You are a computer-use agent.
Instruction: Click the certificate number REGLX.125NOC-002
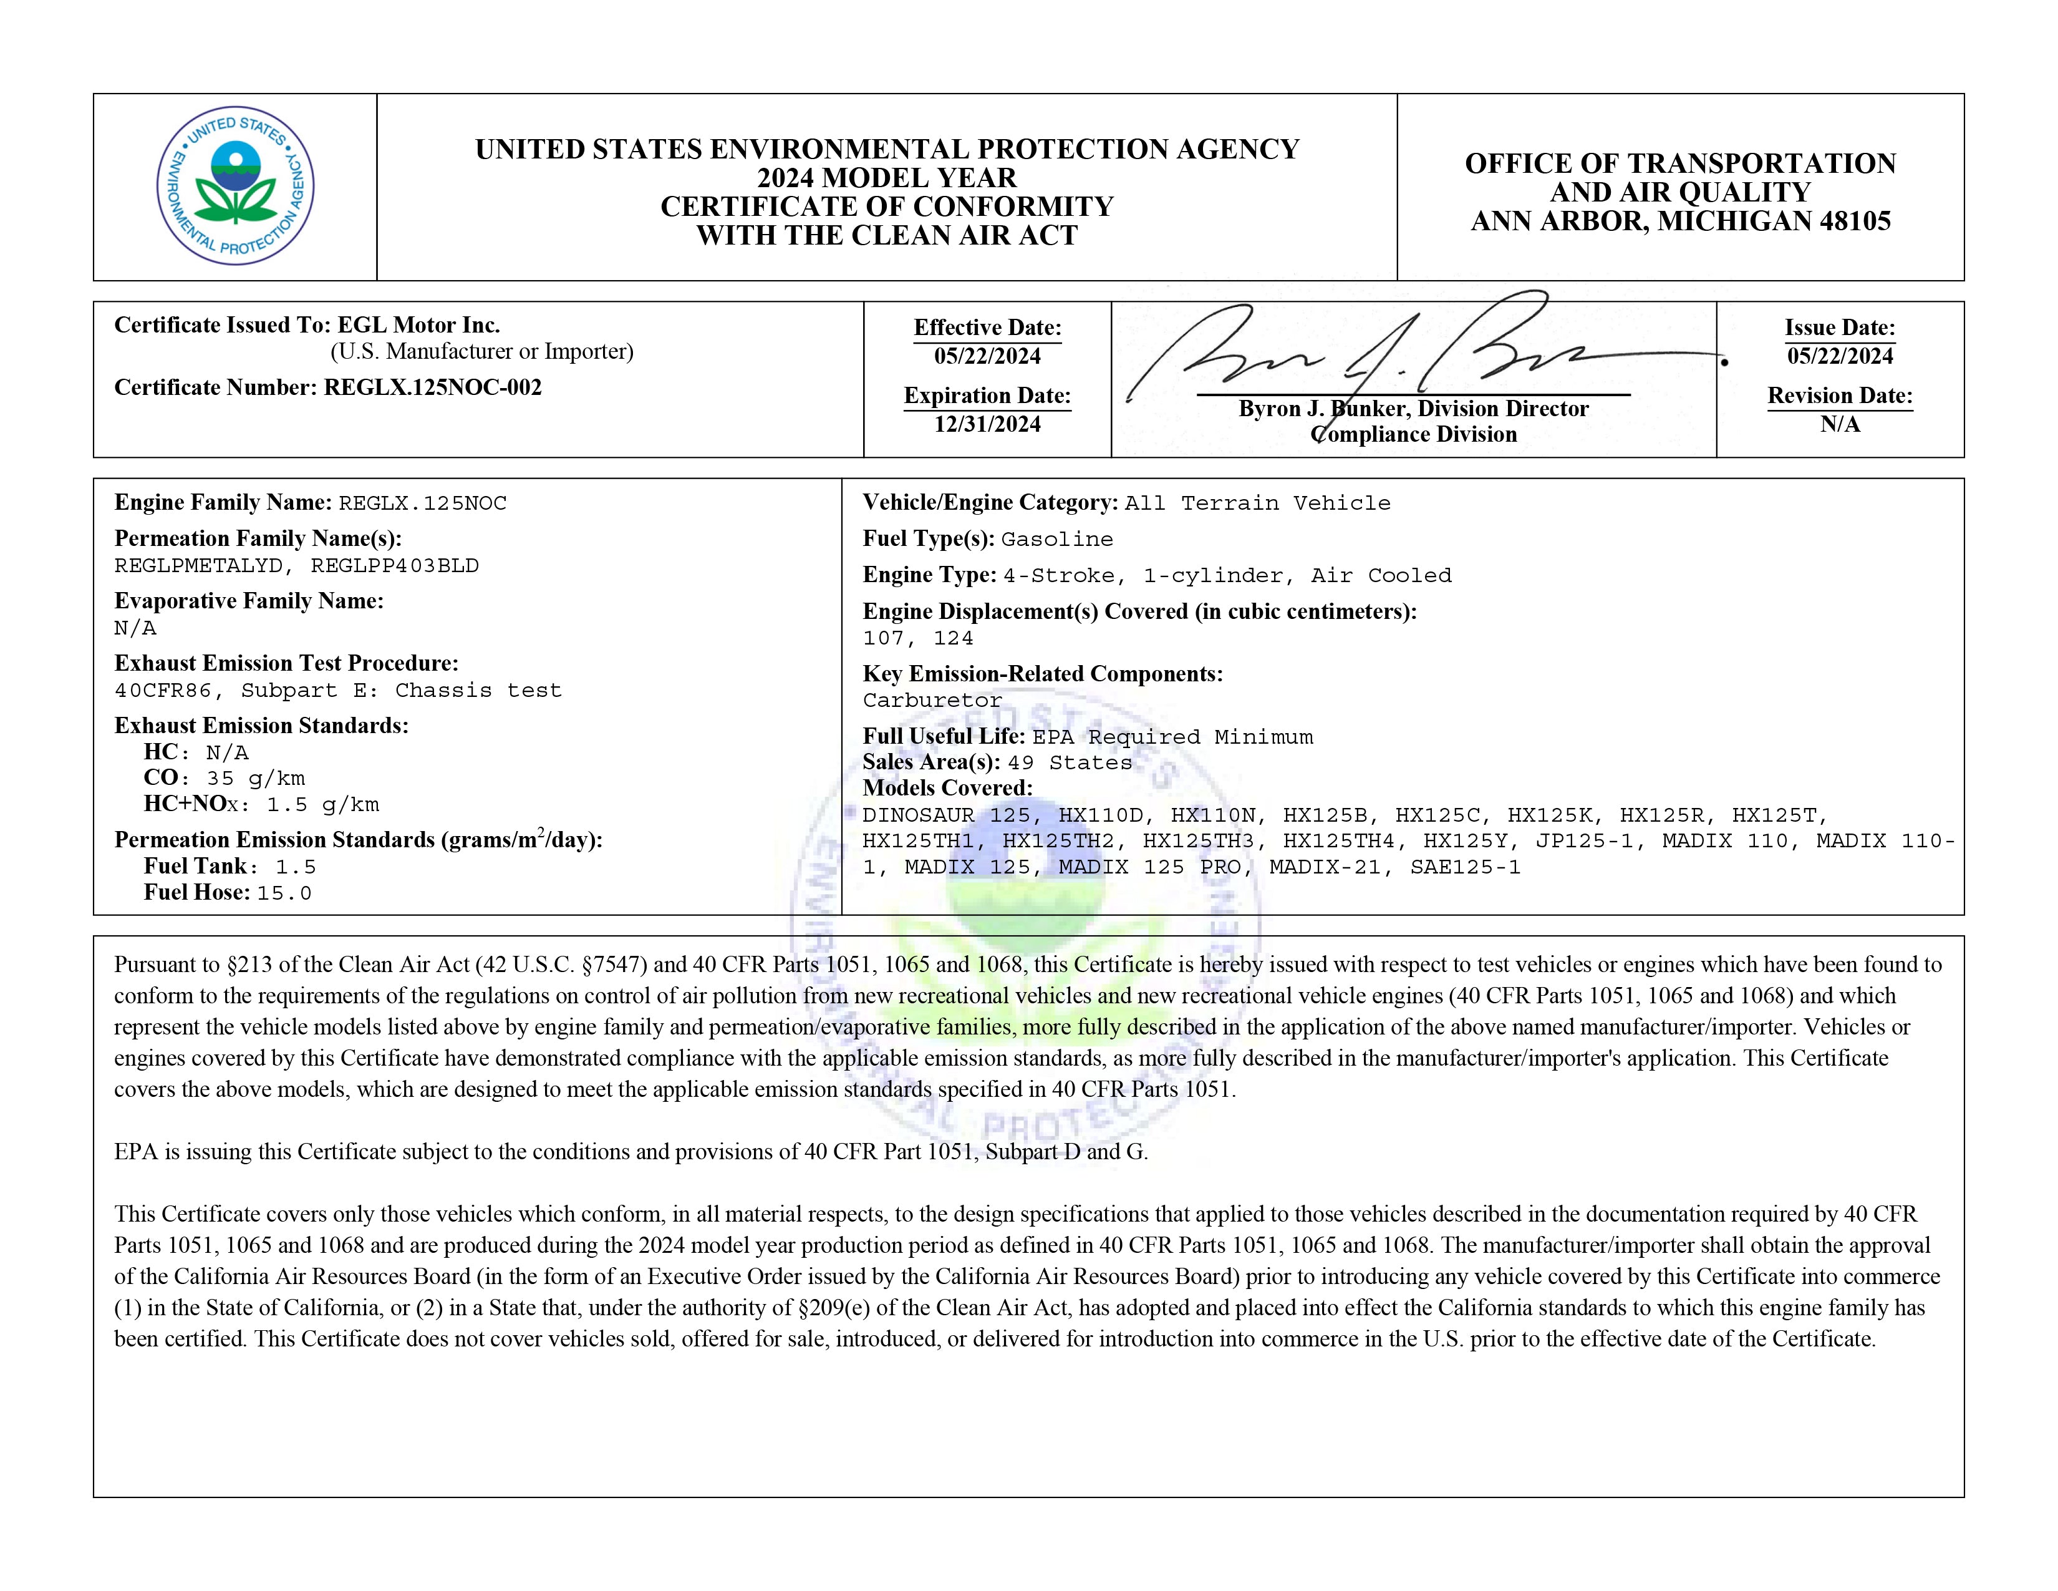pyautogui.click(x=433, y=387)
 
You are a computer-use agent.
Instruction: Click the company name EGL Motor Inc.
pyautogui.click(x=418, y=325)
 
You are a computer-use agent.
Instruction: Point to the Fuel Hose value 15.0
pyautogui.click(x=284, y=893)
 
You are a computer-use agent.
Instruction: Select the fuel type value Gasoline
pyautogui.click(x=1056, y=539)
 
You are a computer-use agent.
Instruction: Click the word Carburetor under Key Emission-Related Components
pyautogui.click(x=932, y=700)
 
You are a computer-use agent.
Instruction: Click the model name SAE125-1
pyautogui.click(x=1466, y=867)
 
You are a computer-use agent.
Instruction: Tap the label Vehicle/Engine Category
pyautogui.click(x=990, y=502)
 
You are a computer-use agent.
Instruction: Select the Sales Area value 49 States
pyautogui.click(x=1070, y=762)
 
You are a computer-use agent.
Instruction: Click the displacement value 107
pyautogui.click(x=883, y=638)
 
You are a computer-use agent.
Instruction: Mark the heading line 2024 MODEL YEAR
pyautogui.click(x=887, y=178)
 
